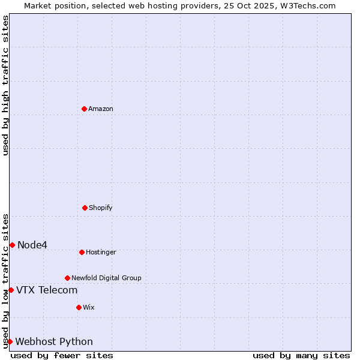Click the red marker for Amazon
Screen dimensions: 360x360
point(85,109)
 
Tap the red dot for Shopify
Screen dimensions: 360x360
point(85,208)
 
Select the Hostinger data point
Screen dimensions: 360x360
point(82,252)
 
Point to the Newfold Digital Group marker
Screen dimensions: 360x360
point(67,278)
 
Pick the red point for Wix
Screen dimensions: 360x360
point(79,307)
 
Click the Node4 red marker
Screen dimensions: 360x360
point(12,245)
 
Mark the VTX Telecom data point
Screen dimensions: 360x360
point(11,290)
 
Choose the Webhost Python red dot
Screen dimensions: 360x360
point(10,341)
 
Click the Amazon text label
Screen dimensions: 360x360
point(101,109)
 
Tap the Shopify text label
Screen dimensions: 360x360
point(101,208)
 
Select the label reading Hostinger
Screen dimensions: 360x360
point(101,252)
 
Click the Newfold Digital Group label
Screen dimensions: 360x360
point(106,278)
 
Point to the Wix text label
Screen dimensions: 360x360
point(89,307)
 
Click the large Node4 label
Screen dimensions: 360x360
point(32,245)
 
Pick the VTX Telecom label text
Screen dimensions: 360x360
point(47,290)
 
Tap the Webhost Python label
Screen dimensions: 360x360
point(54,342)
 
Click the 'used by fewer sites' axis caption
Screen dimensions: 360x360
point(62,355)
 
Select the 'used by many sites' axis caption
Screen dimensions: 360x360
point(301,355)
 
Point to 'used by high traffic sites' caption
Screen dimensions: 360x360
point(5,85)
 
